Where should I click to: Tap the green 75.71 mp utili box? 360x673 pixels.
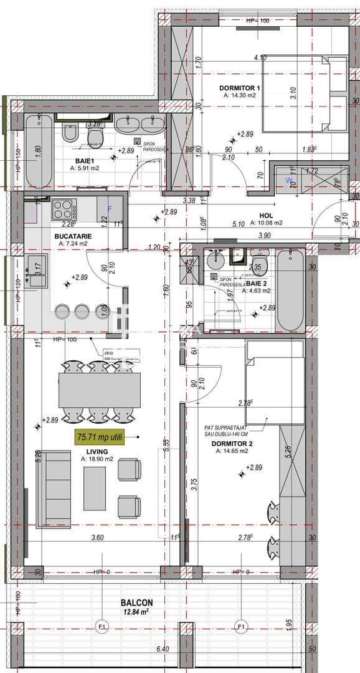pyautogui.click(x=100, y=437)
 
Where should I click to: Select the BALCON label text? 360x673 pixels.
pyautogui.click(x=137, y=603)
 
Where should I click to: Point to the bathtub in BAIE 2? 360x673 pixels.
pyautogui.click(x=290, y=291)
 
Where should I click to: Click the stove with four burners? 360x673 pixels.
pyautogui.click(x=64, y=208)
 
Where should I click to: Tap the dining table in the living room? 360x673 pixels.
pyautogui.click(x=100, y=389)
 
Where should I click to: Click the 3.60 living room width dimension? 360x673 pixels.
pyautogui.click(x=97, y=538)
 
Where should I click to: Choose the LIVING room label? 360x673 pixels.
pyautogui.click(x=97, y=451)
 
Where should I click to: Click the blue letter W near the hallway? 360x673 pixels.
pyautogui.click(x=288, y=181)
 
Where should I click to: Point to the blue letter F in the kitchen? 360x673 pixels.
pyautogui.click(x=110, y=208)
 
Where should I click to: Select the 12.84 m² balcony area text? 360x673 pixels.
pyautogui.click(x=137, y=612)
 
